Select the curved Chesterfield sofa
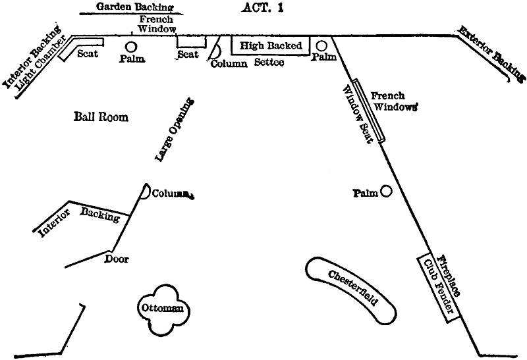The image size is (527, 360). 352,289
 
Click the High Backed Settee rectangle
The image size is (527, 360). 270,46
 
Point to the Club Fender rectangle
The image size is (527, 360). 437,286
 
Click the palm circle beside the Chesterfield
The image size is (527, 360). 386,192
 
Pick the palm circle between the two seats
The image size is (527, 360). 131,46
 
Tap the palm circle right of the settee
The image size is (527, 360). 322,45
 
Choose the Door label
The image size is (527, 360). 117,259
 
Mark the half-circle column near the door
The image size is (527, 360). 145,191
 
